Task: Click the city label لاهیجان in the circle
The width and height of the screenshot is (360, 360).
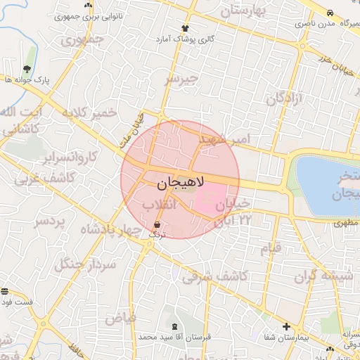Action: tap(179, 184)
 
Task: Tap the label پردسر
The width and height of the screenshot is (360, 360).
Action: tap(49, 223)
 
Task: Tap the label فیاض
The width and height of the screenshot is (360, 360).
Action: tap(120, 318)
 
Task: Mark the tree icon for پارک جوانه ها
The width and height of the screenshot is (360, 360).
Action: tap(27, 69)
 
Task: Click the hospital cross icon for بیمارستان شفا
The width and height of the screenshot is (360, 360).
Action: tap(285, 327)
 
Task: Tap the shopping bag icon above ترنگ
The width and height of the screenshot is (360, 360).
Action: tap(156, 225)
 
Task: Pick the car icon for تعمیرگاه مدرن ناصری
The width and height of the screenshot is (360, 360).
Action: tap(330, 13)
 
